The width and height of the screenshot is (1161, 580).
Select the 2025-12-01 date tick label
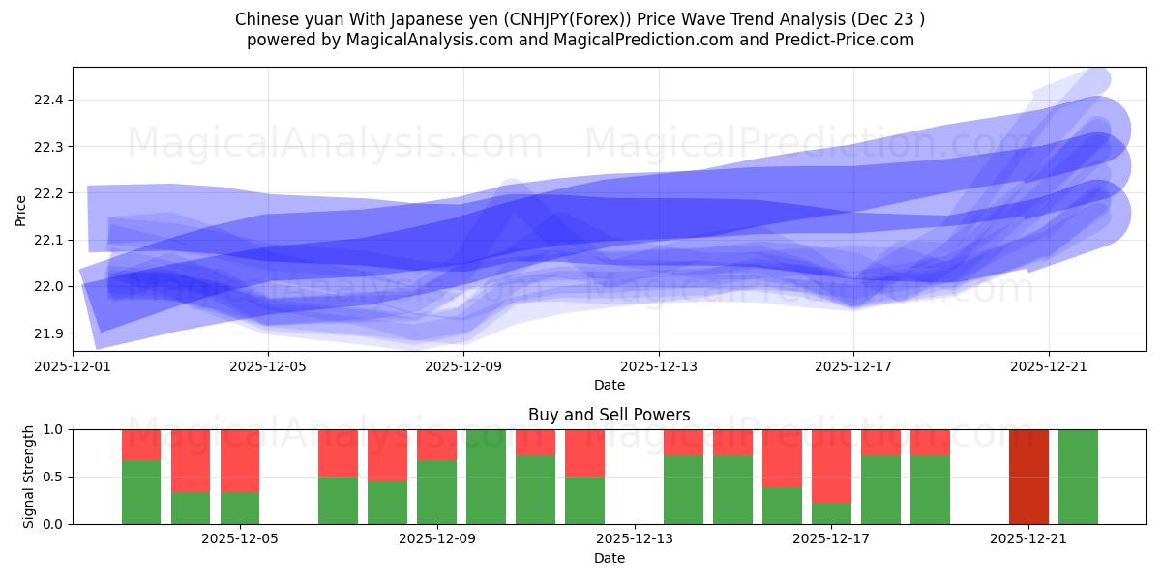(73, 366)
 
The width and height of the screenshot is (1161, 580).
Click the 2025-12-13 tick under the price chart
(659, 366)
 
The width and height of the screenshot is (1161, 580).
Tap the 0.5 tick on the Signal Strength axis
(54, 477)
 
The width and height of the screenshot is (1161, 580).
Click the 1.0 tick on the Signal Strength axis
(54, 429)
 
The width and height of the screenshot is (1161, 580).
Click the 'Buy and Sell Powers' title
(609, 415)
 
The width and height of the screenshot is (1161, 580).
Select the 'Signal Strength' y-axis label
(29, 477)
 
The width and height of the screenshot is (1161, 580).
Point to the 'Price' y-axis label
(21, 209)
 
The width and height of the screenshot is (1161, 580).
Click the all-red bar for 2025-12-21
(1028, 477)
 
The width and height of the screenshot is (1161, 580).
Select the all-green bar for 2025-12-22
(1078, 477)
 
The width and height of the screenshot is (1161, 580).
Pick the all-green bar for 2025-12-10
(486, 477)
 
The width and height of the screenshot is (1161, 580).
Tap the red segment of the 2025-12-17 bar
(831, 465)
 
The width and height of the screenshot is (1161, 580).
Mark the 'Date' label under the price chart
(609, 385)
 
